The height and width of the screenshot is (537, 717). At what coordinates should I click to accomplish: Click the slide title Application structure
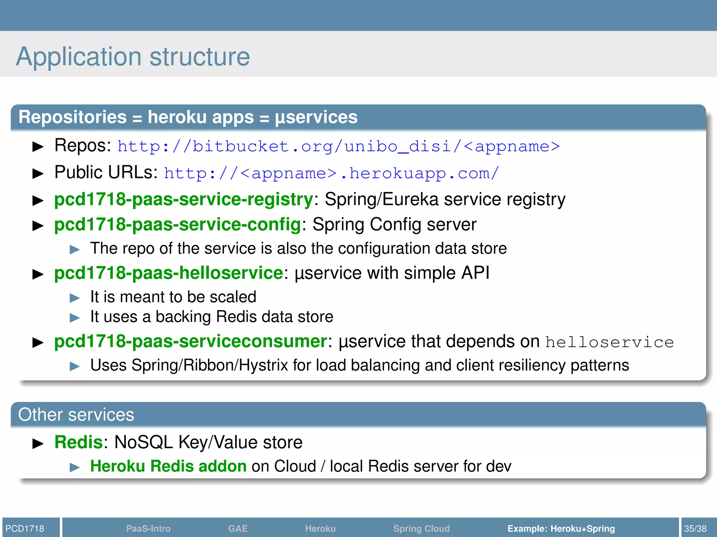(133, 57)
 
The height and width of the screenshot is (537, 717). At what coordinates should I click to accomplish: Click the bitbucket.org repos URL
(338, 146)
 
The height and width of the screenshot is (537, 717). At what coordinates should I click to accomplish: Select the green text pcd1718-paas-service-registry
(183, 200)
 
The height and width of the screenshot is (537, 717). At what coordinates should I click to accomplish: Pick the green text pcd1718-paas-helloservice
(168, 273)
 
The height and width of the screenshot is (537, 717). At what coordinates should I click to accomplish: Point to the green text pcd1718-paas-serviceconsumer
(191, 341)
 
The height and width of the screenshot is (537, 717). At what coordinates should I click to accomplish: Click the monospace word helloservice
(609, 342)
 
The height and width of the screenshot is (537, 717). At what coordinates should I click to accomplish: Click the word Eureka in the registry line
(410, 200)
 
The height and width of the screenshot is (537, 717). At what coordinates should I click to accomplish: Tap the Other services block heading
(76, 415)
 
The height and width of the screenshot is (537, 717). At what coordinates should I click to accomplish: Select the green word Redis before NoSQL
(78, 442)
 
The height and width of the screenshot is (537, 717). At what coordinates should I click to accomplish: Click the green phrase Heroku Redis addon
(168, 466)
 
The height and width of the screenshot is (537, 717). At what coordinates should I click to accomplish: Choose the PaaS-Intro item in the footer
(148, 528)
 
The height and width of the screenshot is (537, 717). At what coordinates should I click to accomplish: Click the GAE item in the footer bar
(238, 528)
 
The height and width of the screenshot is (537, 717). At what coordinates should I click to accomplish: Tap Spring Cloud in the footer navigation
(421, 528)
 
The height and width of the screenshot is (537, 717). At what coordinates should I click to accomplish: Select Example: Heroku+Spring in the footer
(561, 528)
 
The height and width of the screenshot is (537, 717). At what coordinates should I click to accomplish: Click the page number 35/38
(695, 528)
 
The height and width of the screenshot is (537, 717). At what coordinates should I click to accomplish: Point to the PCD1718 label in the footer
(25, 528)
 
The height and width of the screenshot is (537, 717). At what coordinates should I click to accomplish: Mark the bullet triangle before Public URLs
(38, 173)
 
